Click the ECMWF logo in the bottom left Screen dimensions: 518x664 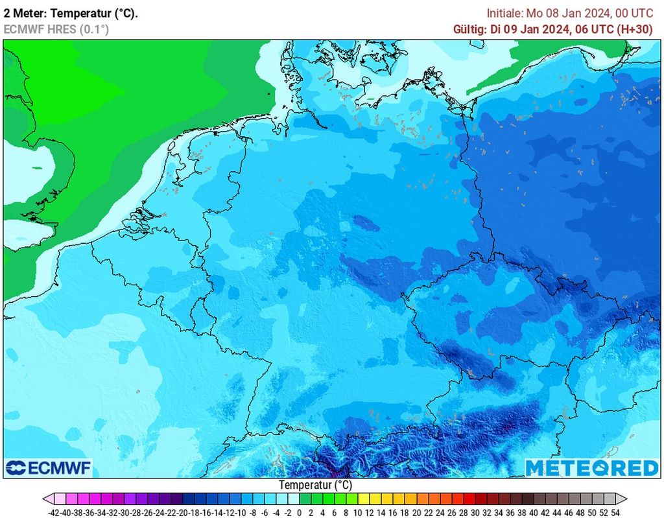(x=49, y=467)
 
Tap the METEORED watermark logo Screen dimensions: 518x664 (x=591, y=467)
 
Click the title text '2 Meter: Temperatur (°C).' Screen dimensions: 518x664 (x=71, y=13)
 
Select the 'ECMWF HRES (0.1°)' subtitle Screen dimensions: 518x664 (x=56, y=29)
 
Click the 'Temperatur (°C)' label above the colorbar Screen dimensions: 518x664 (x=316, y=485)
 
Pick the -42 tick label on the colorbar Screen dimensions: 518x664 (x=54, y=512)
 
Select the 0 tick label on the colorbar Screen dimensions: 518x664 (x=299, y=512)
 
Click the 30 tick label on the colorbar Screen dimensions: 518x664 (x=475, y=512)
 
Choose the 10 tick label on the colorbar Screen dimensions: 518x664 (x=357, y=512)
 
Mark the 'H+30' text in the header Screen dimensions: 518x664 (x=638, y=29)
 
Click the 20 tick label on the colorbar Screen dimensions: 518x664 (x=416, y=512)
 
